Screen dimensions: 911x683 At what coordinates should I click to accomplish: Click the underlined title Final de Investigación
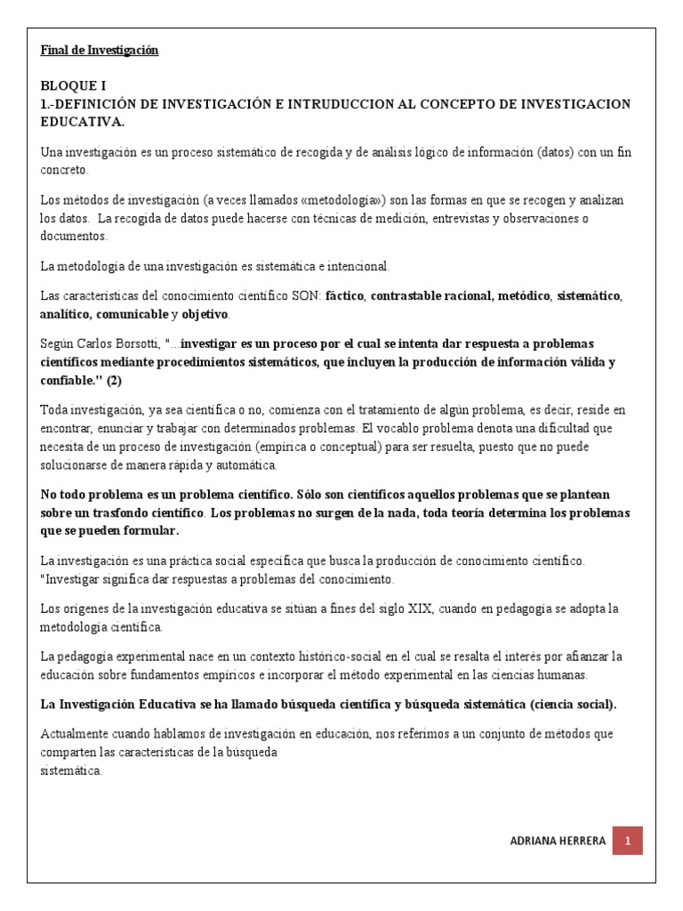100,51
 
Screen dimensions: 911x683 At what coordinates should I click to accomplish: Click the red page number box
628,841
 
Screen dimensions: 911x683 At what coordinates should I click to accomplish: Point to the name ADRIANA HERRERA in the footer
558,841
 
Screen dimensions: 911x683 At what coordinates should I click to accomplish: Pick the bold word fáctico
345,296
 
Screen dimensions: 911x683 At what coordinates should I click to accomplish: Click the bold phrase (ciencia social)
571,704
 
